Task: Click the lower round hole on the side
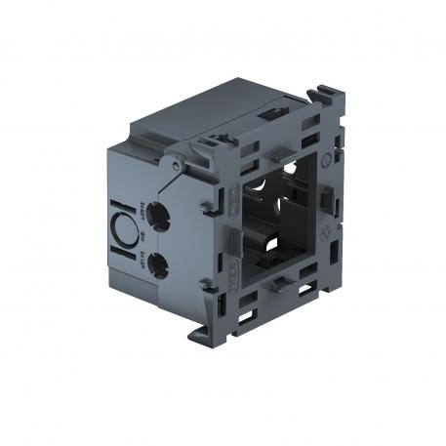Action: pos(158,262)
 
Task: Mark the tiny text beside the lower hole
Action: pos(141,258)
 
